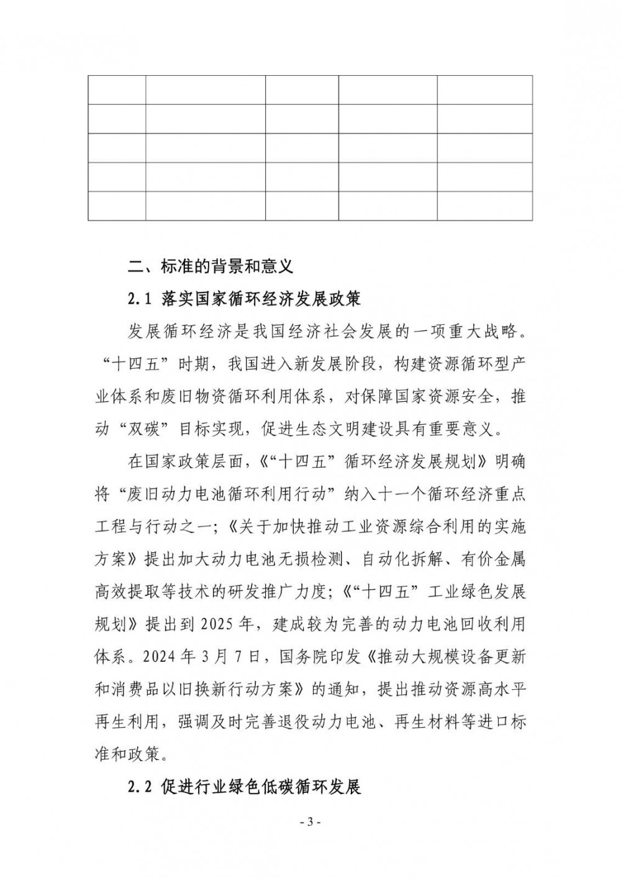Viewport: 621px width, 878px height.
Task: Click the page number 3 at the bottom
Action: point(310,822)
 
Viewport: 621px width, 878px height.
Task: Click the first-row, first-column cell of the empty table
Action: point(117,90)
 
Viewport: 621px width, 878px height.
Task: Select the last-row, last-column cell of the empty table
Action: point(484,206)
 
